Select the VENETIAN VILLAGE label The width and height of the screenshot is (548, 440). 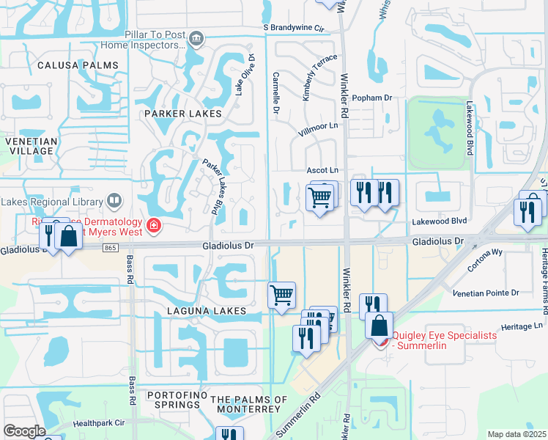29,145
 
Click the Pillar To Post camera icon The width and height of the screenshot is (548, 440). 196,38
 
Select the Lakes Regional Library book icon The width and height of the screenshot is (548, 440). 114,200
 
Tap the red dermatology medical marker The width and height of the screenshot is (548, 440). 153,226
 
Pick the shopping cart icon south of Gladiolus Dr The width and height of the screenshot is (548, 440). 281,296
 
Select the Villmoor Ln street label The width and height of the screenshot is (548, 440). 316,130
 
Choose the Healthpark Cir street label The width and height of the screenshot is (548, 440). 99,423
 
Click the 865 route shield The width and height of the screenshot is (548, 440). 111,249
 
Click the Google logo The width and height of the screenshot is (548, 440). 23,430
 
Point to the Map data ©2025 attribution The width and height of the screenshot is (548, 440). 516,434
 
